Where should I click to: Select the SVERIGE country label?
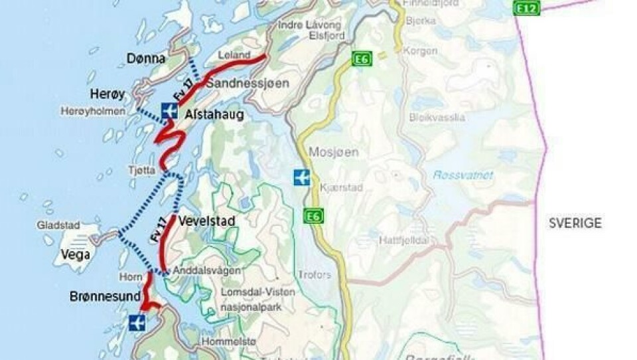point(575,223)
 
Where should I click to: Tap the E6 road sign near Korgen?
point(362,59)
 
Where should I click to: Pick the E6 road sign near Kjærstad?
point(313,216)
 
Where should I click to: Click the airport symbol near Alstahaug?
point(169,110)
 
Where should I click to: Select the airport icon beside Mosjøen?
point(302,178)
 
